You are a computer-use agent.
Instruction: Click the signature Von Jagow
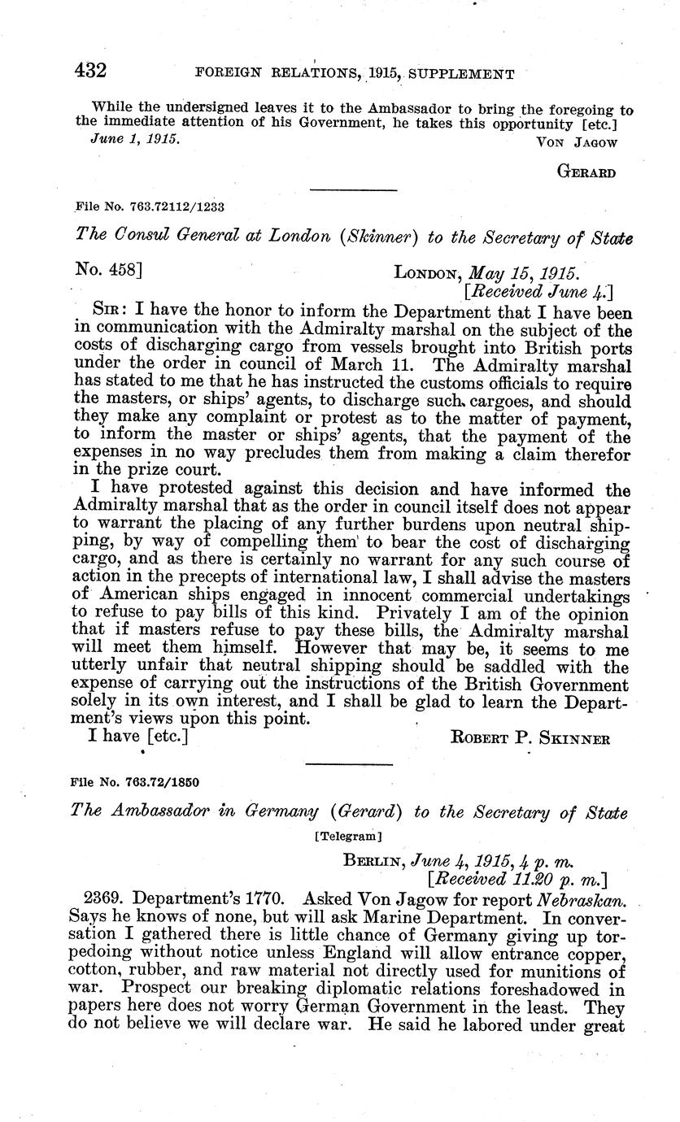pos(578,142)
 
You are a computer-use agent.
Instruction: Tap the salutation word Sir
pos(111,311)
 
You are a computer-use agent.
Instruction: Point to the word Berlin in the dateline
pos(373,855)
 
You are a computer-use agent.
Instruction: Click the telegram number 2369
pos(107,898)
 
